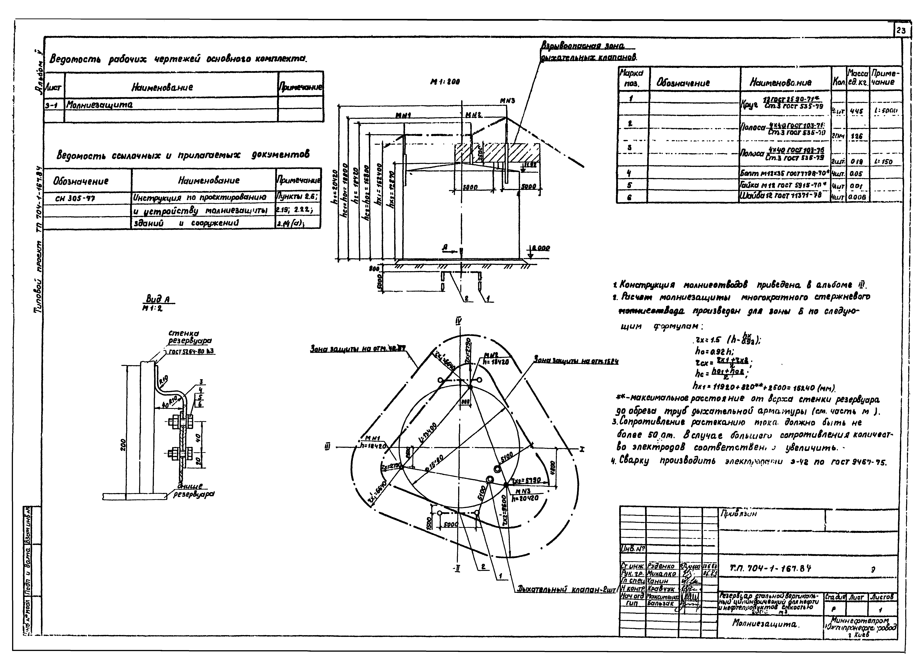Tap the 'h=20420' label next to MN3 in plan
(x=526, y=498)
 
